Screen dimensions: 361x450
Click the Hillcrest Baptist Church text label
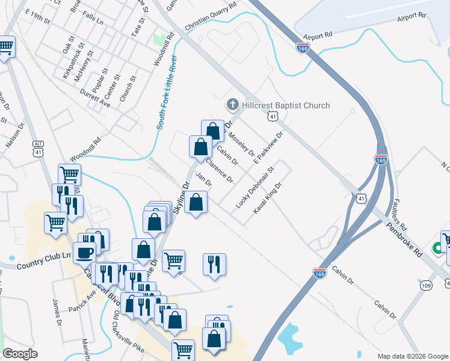click(286, 105)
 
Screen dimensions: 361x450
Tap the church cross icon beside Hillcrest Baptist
click(232, 105)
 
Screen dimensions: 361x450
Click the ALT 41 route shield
click(39, 149)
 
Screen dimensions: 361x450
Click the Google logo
click(20, 354)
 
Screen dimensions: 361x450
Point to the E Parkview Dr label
click(268, 149)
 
